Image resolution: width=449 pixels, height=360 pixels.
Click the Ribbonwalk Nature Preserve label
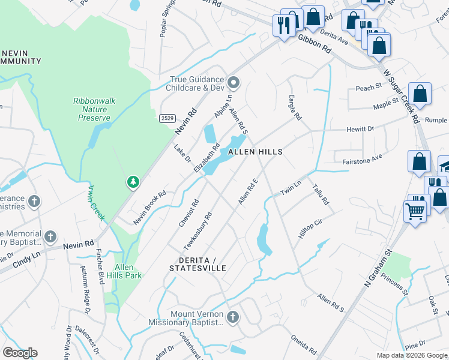[94, 110]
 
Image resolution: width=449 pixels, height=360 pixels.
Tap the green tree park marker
[132, 181]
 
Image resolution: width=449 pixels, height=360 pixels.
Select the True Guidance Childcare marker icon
[234, 82]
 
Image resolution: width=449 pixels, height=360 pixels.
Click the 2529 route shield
[167, 119]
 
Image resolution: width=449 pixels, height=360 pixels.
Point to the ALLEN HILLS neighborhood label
[255, 152]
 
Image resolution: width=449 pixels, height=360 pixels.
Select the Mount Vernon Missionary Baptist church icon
[232, 316]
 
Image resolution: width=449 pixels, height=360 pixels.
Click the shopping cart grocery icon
[415, 211]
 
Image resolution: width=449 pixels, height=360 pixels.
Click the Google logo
[20, 353]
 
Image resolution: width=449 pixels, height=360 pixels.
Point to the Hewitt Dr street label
[360, 129]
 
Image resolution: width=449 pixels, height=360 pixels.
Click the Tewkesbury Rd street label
[198, 232]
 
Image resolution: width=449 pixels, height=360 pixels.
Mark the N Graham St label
[378, 268]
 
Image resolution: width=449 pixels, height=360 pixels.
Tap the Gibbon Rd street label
[315, 44]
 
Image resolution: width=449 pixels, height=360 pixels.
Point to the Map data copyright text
[411, 355]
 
